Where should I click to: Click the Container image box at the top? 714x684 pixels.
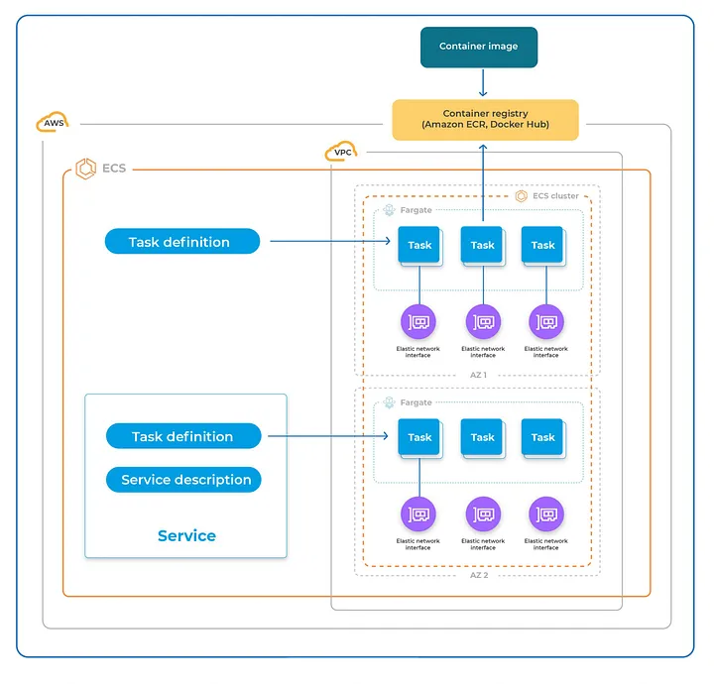tap(478, 47)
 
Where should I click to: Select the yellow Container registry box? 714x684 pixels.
tap(485, 119)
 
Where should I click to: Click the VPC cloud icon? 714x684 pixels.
tap(340, 153)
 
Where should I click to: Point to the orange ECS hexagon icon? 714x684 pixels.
tap(85, 170)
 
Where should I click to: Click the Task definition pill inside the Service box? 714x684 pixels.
tap(182, 436)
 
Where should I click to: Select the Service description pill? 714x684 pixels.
tap(184, 480)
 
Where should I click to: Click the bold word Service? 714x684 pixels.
tap(186, 535)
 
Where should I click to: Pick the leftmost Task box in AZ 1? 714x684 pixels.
tap(419, 245)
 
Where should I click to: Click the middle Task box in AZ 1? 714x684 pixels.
tap(482, 245)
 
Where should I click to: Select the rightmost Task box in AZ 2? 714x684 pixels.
tap(542, 437)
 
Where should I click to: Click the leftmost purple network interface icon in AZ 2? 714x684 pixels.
tap(418, 514)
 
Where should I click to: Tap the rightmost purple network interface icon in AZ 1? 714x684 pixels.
tap(545, 321)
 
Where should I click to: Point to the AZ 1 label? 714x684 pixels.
tap(477, 376)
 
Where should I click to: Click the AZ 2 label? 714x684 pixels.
tap(477, 575)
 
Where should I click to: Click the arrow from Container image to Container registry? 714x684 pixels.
tap(483, 83)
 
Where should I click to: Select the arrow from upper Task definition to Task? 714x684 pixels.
tap(327, 241)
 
